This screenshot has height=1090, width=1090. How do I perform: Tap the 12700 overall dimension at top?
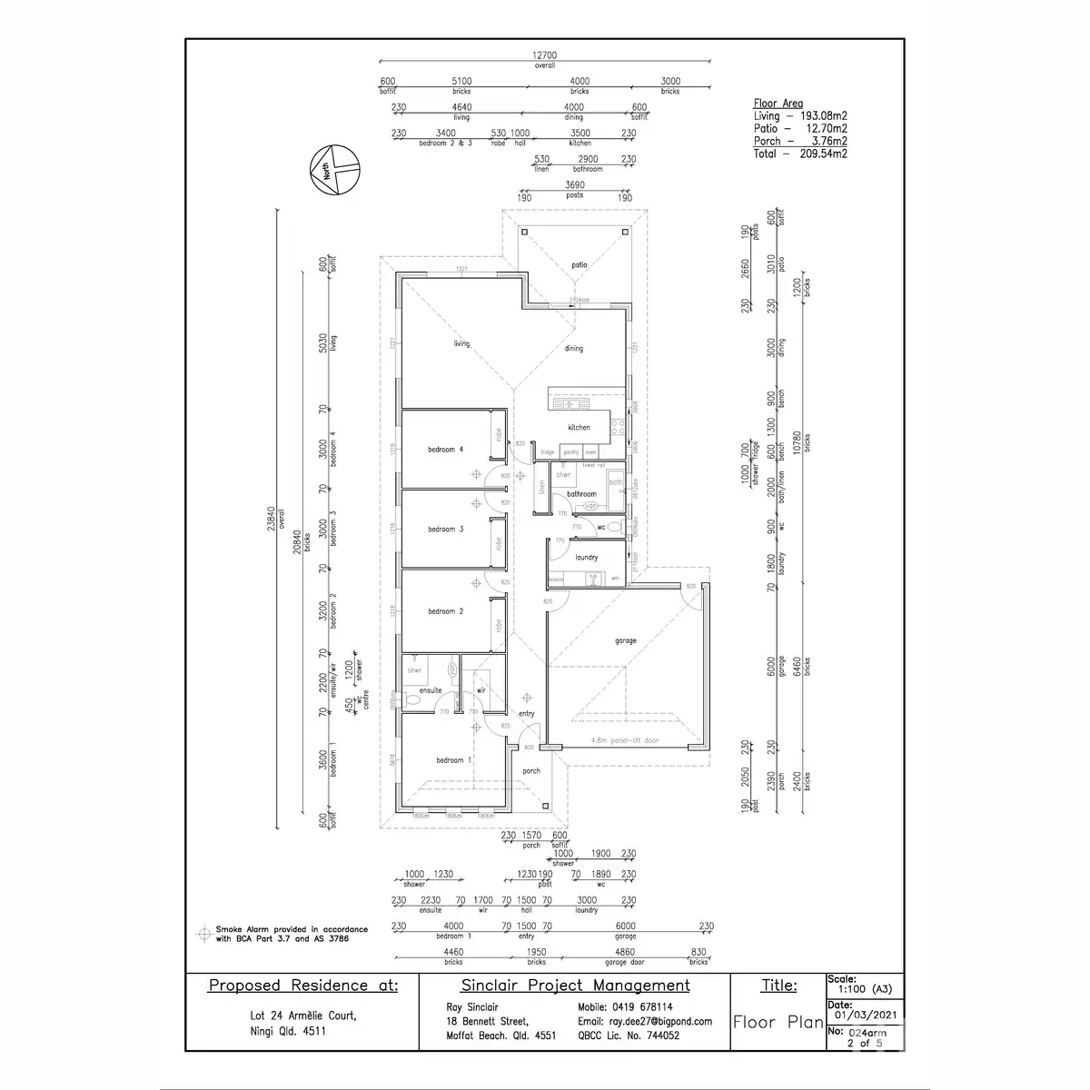click(x=545, y=55)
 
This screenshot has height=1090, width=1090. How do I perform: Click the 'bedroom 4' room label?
click(x=446, y=449)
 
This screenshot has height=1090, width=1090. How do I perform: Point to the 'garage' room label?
click(x=625, y=640)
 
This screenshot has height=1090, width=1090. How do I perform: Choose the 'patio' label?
click(x=580, y=264)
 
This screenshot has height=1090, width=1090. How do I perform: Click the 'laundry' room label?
click(x=587, y=558)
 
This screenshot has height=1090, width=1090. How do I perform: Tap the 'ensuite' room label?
click(x=430, y=690)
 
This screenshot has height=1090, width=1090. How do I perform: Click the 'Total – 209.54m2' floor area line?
click(x=800, y=154)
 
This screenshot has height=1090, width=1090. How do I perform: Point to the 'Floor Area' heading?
click(x=778, y=104)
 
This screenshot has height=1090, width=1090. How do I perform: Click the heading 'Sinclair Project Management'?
click(x=575, y=986)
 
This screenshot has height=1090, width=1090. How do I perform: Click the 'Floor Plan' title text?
click(x=778, y=1022)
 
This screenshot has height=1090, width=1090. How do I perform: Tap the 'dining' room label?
click(x=573, y=349)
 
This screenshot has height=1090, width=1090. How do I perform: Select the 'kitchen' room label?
click(x=579, y=427)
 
